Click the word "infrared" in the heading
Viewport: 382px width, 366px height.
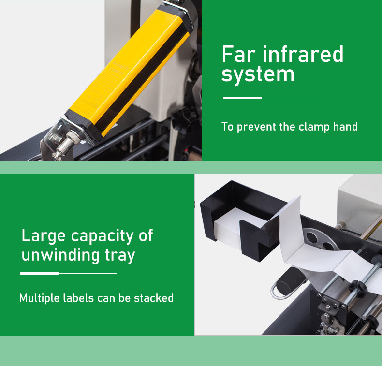tap(303, 54)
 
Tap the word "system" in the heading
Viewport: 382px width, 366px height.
tap(258, 75)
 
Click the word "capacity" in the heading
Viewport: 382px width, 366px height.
tap(103, 236)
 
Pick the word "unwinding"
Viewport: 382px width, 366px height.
tap(60, 255)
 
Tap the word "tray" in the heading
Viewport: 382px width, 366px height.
tap(120, 256)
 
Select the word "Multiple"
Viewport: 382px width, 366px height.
tap(40, 298)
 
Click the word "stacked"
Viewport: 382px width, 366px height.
tap(154, 298)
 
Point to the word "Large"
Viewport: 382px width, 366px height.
tap(44, 236)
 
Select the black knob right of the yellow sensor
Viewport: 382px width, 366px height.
tap(184, 117)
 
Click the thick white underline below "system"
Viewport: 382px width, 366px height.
tap(242, 98)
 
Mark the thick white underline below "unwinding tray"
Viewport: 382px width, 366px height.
tap(40, 274)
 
